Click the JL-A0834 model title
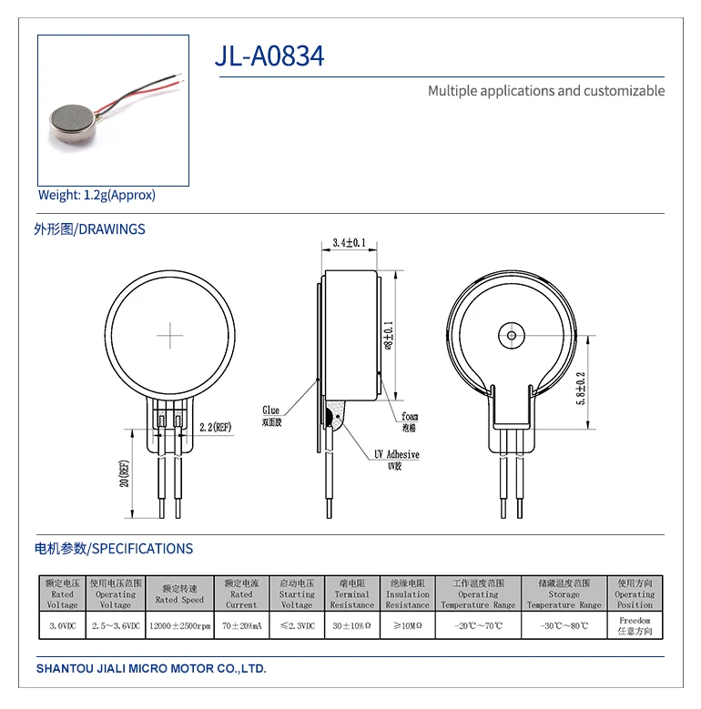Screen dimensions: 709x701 pos(269,56)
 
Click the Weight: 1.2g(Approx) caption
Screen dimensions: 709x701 pos(97,195)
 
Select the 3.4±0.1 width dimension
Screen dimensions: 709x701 pos(349,243)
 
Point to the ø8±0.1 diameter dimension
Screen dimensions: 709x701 pos(389,335)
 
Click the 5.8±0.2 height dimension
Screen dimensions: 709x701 pos(581,389)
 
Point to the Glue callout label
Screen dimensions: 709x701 pos(271,411)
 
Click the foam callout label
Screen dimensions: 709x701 pos(410,417)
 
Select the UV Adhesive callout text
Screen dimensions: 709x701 pos(396,453)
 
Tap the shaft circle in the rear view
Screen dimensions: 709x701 pos(511,336)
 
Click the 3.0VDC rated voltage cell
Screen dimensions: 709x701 pos(62,625)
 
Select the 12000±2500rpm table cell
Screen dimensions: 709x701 pos(179,625)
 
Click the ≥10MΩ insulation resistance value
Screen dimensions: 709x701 pos(407,625)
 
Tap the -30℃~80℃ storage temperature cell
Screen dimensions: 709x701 pos(564,625)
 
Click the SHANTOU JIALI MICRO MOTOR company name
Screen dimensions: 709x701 pos(151,668)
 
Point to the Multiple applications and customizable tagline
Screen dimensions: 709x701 pos(546,91)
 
